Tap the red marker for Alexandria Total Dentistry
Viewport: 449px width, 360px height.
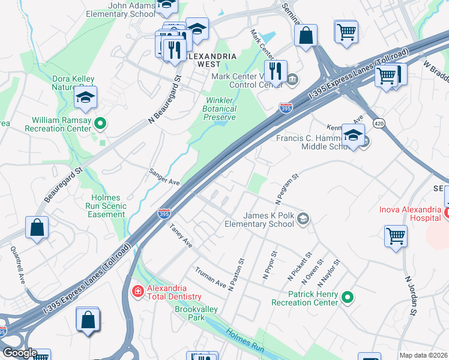137,291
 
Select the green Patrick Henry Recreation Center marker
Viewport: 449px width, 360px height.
347,296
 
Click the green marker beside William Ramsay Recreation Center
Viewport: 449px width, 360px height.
101,124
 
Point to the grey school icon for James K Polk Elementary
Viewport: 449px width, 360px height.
304,219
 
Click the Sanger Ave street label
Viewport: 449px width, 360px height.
164,177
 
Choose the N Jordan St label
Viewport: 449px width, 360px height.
410,295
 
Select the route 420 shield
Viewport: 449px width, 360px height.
378,123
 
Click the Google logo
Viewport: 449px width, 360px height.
19,353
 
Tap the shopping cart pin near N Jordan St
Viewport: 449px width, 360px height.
396,236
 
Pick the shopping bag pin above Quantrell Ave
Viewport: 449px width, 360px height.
37,228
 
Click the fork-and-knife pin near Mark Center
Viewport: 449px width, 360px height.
276,71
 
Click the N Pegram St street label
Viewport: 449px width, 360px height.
286,188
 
